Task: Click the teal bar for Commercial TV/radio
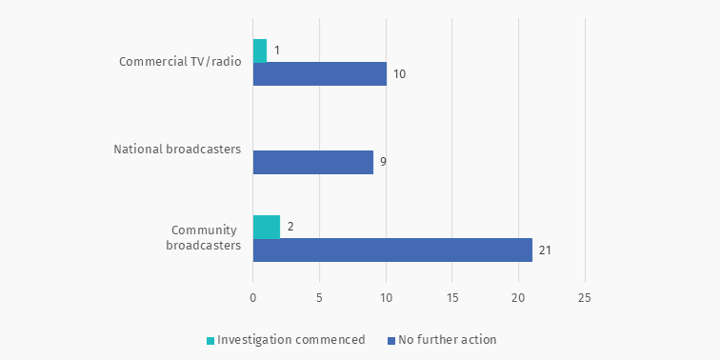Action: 260,50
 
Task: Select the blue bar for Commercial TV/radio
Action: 320,73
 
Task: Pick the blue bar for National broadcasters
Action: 313,162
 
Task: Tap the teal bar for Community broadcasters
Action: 267,227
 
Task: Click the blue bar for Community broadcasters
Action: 392,250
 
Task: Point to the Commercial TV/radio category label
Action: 180,62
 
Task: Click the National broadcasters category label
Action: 177,150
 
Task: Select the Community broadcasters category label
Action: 204,238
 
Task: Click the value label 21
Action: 545,250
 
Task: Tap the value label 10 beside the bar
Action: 400,74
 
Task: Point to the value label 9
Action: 383,162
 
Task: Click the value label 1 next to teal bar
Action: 275,50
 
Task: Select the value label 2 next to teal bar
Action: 290,227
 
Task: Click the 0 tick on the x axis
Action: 253,297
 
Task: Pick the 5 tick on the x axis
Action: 320,297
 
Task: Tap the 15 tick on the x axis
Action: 452,297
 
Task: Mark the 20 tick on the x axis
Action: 518,297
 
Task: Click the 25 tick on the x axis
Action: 585,297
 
